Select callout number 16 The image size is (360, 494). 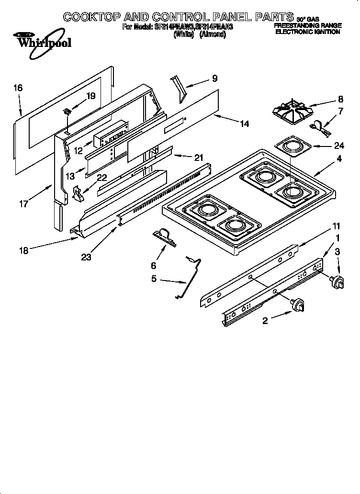[18, 88]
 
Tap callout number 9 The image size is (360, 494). [214, 79]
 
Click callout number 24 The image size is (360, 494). [339, 146]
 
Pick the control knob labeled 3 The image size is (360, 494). [339, 282]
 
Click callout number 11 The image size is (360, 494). [337, 225]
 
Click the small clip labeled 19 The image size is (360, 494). [67, 112]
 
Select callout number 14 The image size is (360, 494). [244, 124]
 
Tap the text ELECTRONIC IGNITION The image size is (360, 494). [307, 32]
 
